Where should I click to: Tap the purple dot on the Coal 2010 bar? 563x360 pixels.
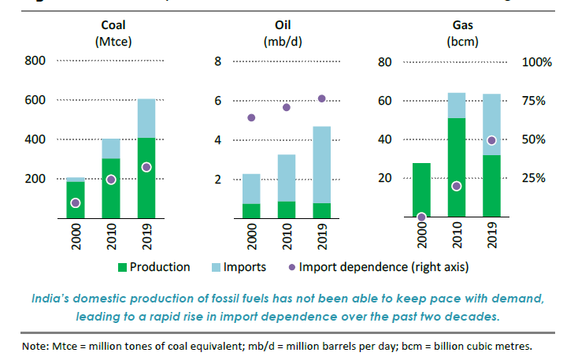coord(111,180)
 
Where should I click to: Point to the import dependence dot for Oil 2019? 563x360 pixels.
coord(321,98)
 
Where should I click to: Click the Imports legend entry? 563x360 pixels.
coord(240,267)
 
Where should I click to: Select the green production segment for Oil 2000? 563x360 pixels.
coord(251,210)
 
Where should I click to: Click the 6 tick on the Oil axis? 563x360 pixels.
coord(219,100)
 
